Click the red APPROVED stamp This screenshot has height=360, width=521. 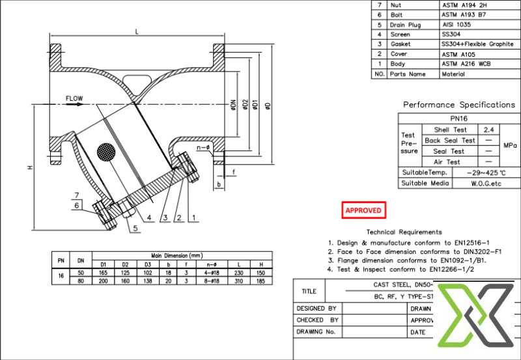tap(364, 210)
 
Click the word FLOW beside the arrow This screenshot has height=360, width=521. tap(74, 99)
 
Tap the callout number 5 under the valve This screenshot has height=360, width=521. tap(135, 228)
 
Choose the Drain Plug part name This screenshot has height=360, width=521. tap(408, 24)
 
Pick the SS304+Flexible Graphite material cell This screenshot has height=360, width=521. tap(477, 44)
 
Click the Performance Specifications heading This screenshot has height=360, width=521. tap(458, 104)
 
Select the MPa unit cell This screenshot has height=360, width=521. tap(509, 146)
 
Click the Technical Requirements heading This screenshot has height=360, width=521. tap(404, 232)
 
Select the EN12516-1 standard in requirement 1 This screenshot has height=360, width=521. tap(466, 242)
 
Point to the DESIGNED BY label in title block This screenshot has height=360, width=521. tap(317, 308)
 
